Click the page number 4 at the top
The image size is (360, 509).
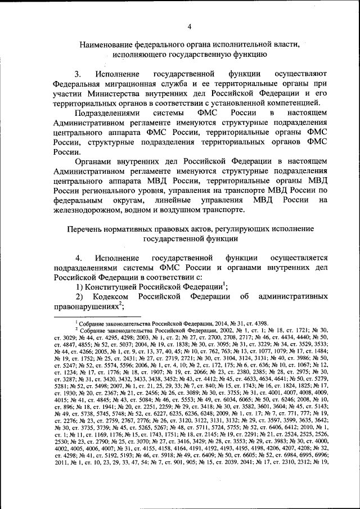point(190,26)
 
